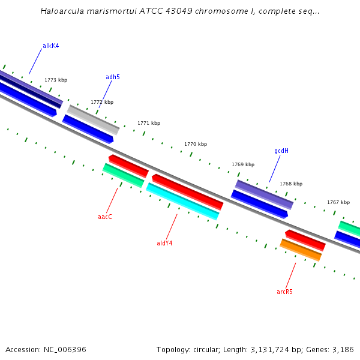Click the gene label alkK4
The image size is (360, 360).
tap(50, 46)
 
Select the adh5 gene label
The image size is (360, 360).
tap(113, 77)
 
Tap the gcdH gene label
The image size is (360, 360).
tap(281, 151)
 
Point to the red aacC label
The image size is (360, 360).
tap(105, 217)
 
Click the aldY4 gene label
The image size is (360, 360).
tap(164, 243)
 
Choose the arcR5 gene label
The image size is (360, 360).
tap(284, 292)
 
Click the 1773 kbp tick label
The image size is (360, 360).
tap(56, 80)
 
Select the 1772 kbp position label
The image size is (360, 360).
tap(102, 102)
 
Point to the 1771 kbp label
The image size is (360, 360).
tap(149, 123)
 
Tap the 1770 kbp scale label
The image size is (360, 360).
tap(196, 144)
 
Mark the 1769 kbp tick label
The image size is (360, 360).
tap(243, 164)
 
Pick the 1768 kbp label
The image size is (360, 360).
tap(291, 184)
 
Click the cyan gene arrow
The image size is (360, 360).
tap(182, 202)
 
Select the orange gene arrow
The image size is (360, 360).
tap(301, 250)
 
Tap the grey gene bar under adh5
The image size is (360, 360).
tap(93, 119)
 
